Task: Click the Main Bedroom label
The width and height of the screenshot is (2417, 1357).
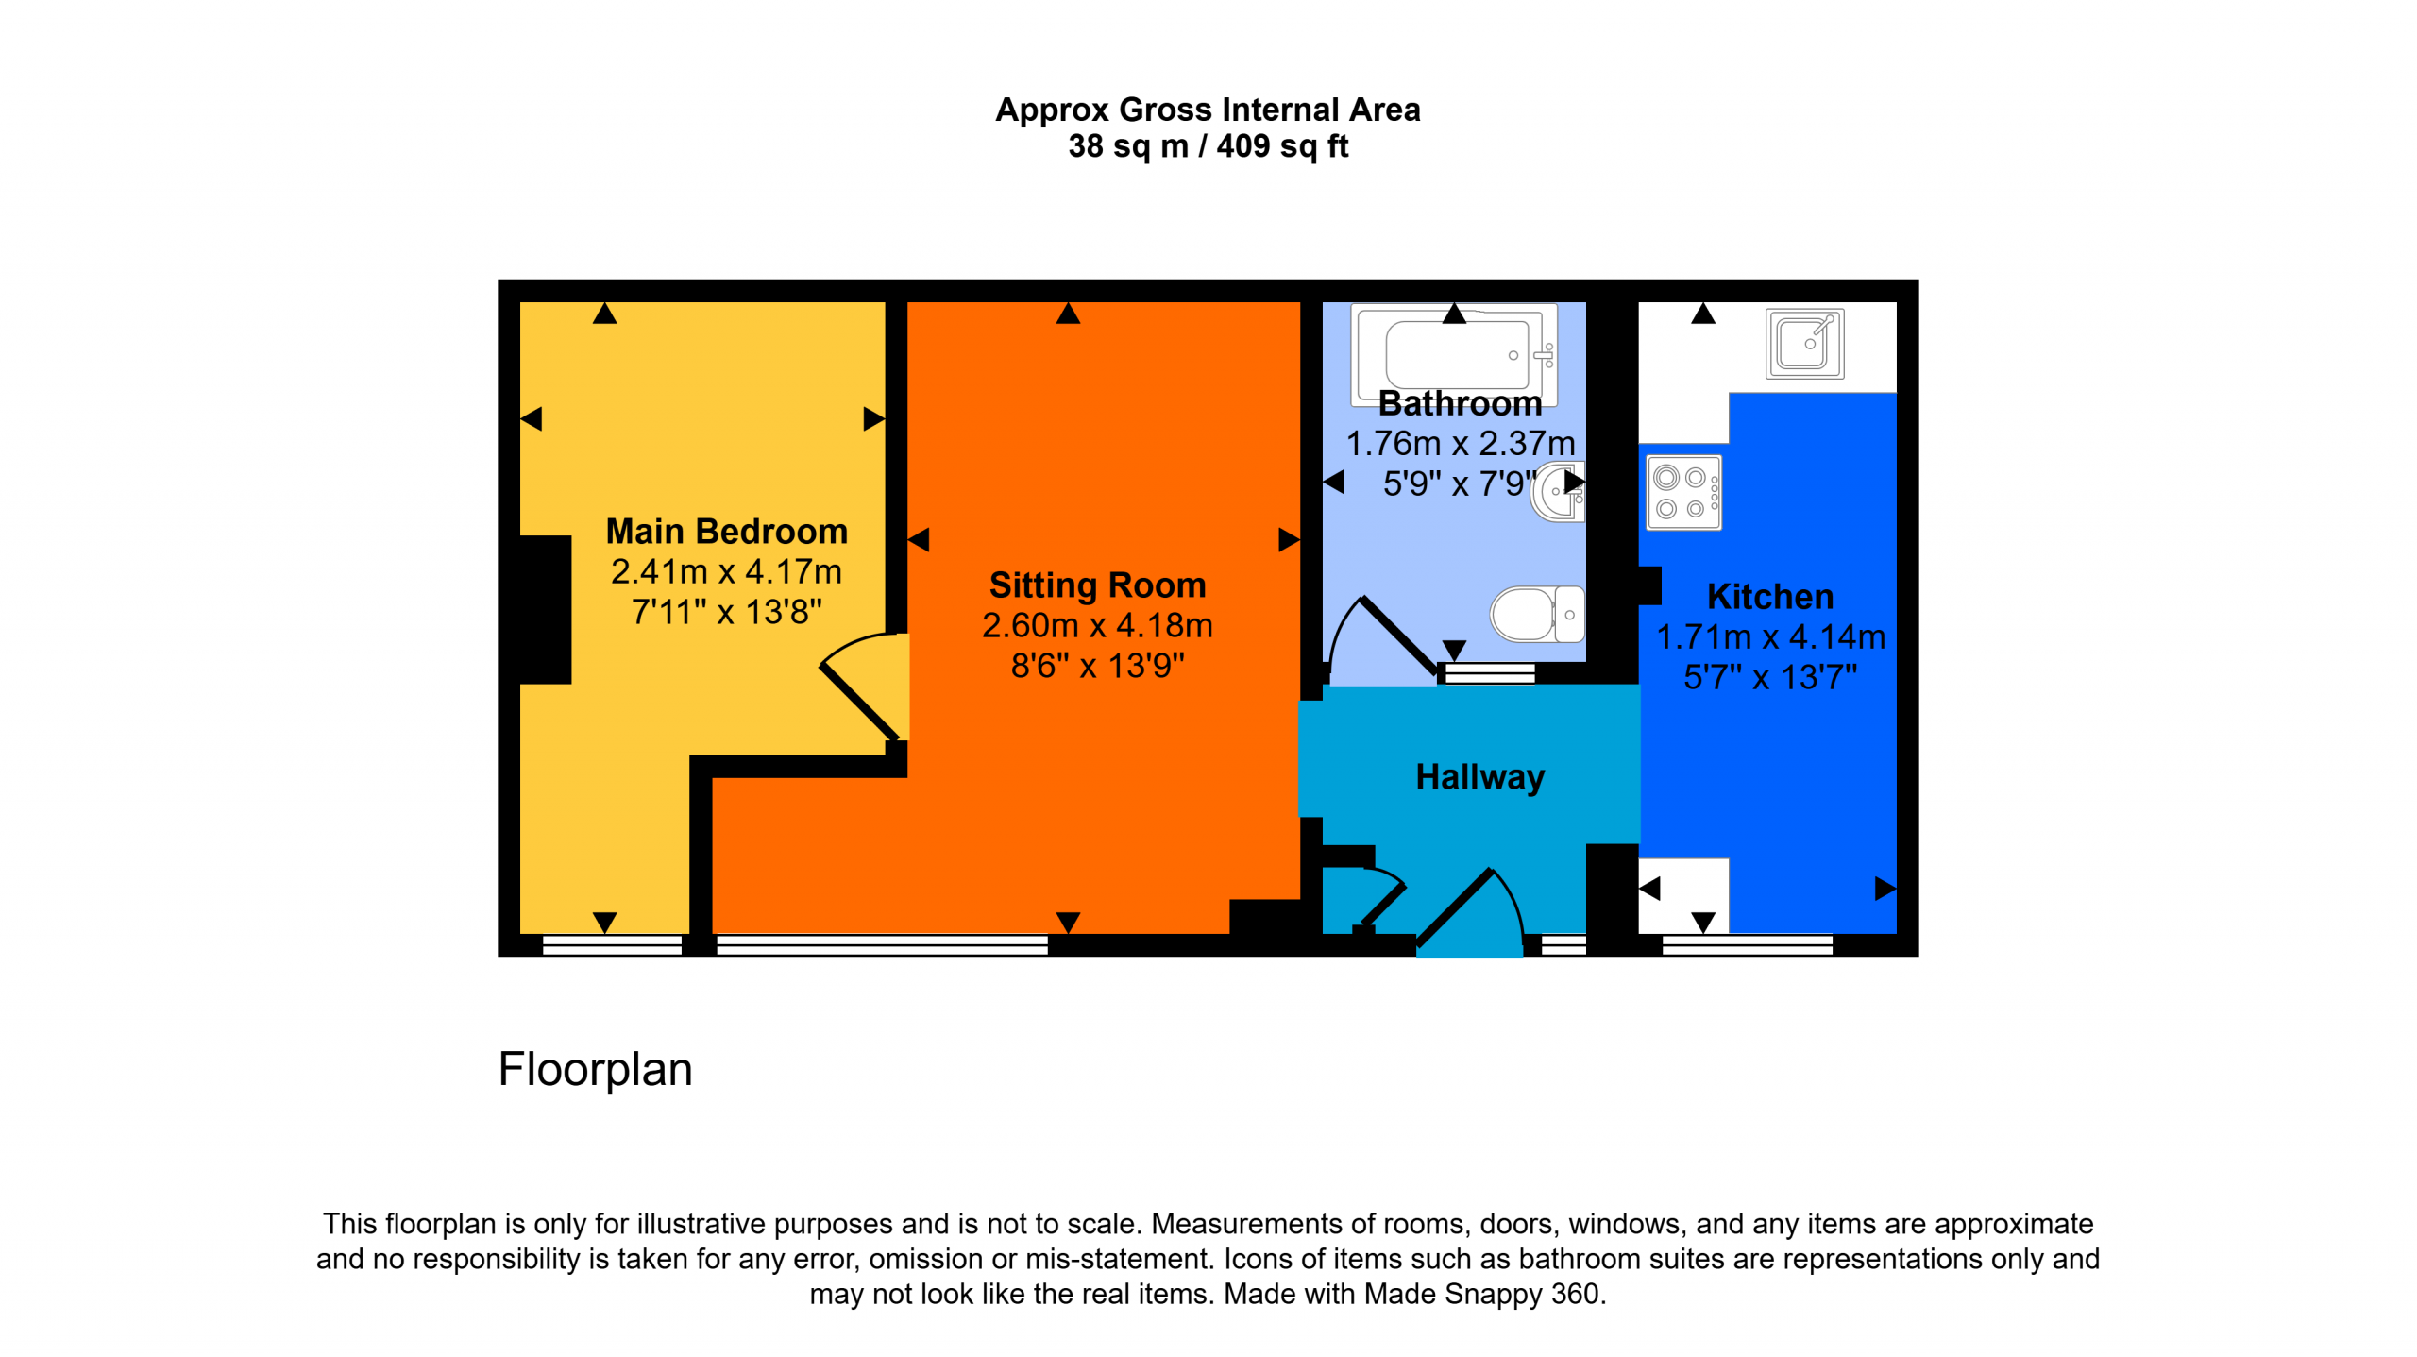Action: click(x=726, y=531)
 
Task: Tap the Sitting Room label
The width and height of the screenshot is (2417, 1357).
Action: click(x=1097, y=585)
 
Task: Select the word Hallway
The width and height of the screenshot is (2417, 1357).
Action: click(x=1479, y=776)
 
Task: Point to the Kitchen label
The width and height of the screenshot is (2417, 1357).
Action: click(x=1770, y=596)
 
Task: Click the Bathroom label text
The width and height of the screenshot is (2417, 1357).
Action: click(x=1460, y=403)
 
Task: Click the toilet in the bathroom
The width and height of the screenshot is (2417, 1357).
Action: click(x=1537, y=614)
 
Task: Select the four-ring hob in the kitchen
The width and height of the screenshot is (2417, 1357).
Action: click(x=1683, y=492)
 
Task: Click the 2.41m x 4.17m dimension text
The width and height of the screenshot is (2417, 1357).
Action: click(x=726, y=571)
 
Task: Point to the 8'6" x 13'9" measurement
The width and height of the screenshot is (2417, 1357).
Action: click(x=1097, y=666)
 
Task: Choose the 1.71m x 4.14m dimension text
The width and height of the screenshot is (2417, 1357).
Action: click(x=1770, y=636)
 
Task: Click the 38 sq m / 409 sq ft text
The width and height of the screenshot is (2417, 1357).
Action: click(x=1208, y=146)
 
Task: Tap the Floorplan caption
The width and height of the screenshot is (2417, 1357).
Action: click(x=595, y=1070)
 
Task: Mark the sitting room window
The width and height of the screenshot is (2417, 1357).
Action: click(x=882, y=944)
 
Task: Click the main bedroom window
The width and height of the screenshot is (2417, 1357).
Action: click(x=612, y=944)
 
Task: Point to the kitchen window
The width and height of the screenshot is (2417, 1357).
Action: click(x=1747, y=944)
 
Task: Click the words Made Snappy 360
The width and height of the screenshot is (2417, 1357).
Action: click(x=1483, y=1293)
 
